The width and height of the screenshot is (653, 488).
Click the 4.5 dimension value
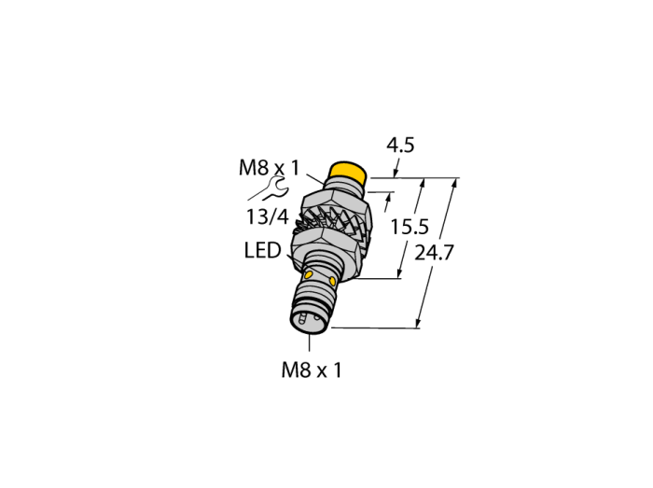click(x=400, y=146)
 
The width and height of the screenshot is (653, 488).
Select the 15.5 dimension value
click(x=410, y=227)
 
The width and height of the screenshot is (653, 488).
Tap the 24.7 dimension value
click(x=434, y=253)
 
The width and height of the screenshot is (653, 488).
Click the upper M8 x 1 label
click(x=269, y=168)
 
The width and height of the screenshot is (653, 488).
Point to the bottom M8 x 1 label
click(x=312, y=369)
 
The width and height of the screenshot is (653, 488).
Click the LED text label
click(x=262, y=251)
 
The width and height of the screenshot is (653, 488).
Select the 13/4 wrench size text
click(x=268, y=216)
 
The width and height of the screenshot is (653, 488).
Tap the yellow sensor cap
click(x=347, y=173)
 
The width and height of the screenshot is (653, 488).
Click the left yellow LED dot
click(x=309, y=275)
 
